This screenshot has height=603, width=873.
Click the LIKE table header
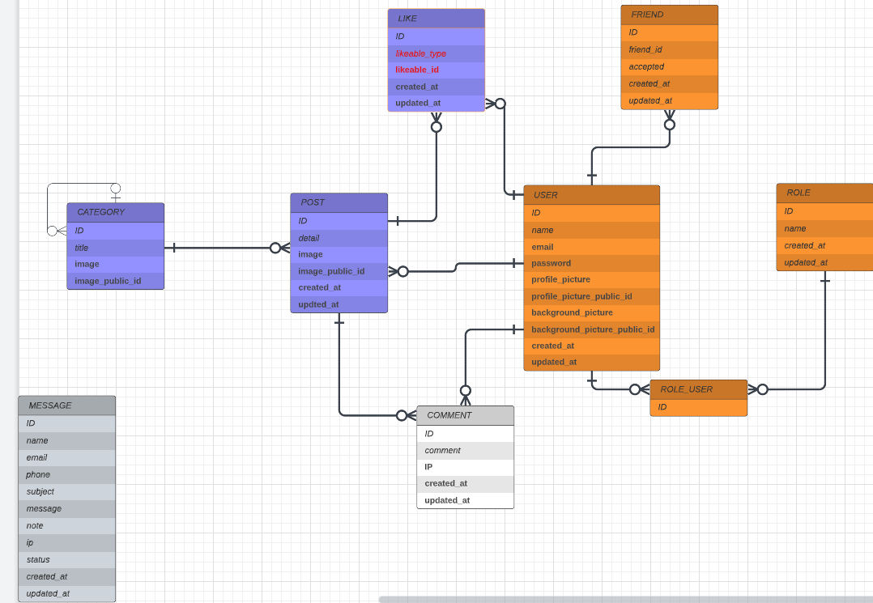pos(436,19)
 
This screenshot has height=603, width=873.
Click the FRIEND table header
pos(669,15)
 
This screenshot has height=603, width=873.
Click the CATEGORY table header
pos(116,213)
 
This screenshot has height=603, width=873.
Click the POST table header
pos(339,202)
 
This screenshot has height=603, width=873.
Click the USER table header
pos(592,195)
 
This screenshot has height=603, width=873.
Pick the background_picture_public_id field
pos(592,329)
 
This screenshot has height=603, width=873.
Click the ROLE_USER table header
pos(699,389)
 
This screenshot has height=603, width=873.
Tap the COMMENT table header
pos(466,415)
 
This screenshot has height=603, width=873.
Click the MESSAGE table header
pos(66,406)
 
